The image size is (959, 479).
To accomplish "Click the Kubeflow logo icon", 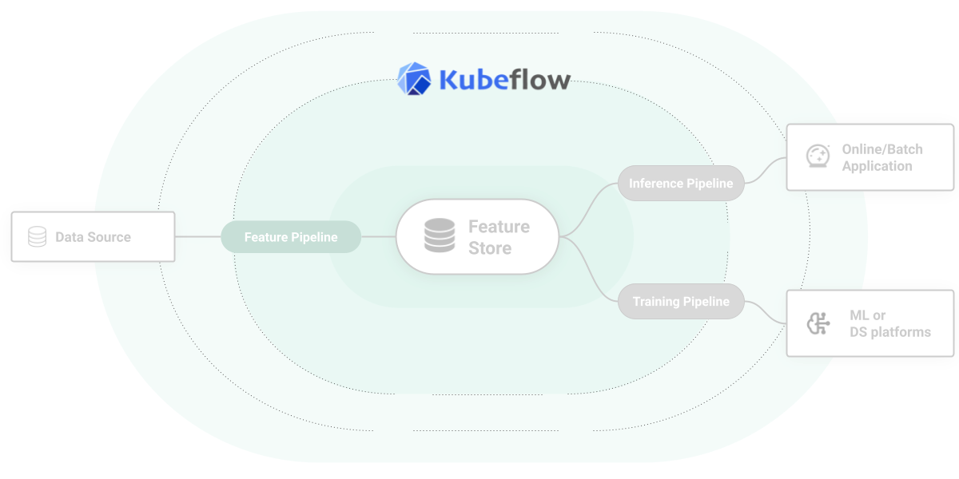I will tap(414, 78).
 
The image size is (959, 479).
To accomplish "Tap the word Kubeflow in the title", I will tap(504, 80).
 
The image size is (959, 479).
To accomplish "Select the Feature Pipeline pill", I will tap(291, 237).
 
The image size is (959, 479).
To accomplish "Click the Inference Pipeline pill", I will tap(681, 184).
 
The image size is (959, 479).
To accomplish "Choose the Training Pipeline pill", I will tap(681, 302).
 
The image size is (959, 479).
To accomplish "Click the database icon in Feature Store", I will tap(439, 236).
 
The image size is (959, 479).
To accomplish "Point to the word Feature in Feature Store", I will tap(499, 227).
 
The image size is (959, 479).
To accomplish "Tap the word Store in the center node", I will tap(490, 248).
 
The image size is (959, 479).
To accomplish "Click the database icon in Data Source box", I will tap(37, 237).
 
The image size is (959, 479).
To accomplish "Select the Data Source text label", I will tap(93, 237).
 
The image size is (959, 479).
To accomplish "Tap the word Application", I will tap(877, 166).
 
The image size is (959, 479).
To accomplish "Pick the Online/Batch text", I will tap(881, 149).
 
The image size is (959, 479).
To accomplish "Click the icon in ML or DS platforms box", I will tap(817, 323).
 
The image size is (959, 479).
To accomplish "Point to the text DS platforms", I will tap(890, 332).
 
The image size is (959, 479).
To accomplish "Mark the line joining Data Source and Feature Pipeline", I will tap(197, 237).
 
